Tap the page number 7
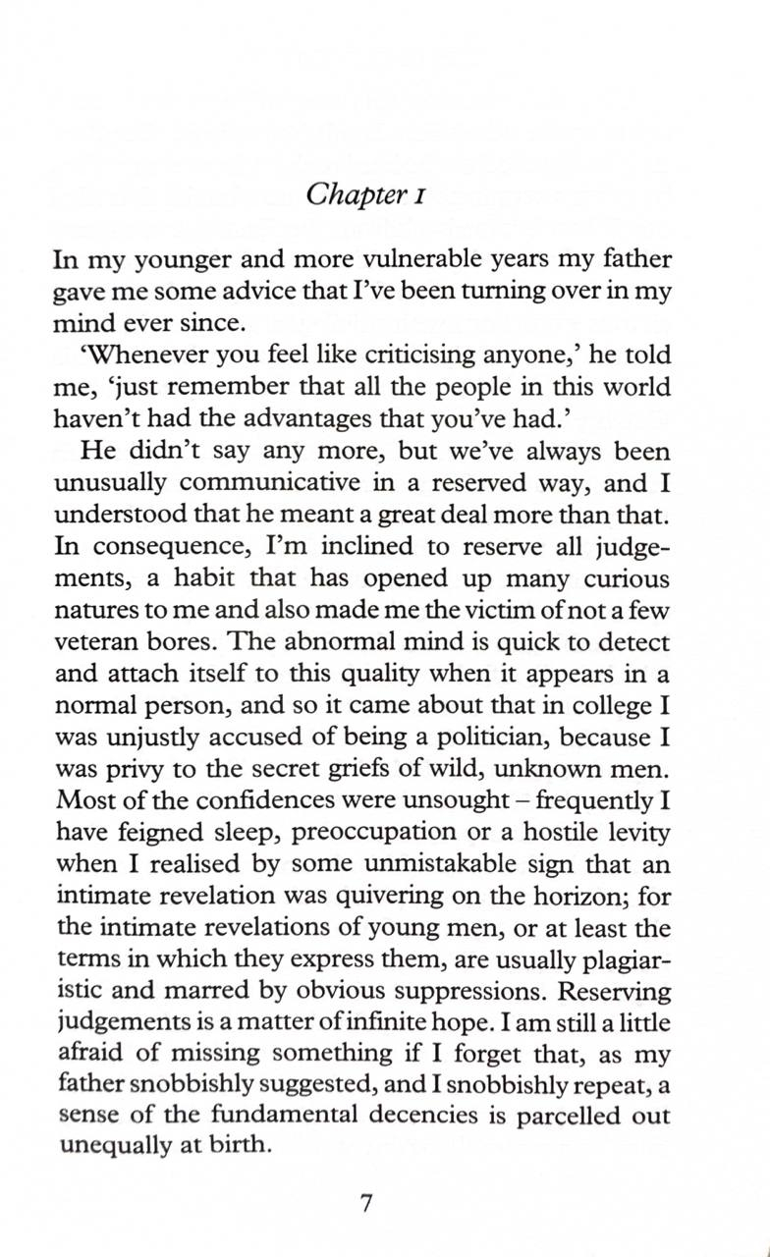tap(365, 1205)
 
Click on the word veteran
tap(96, 643)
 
